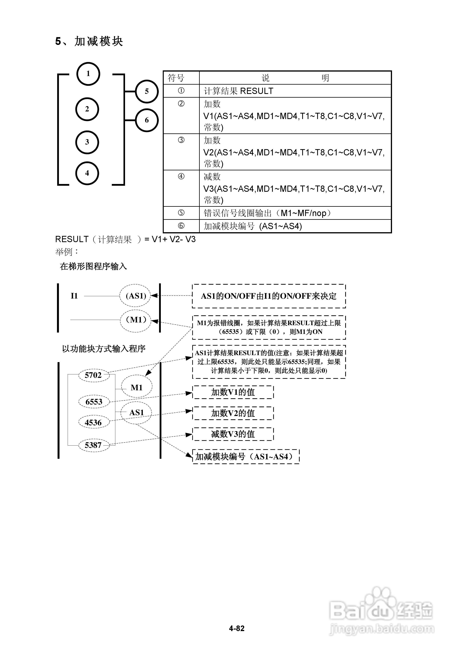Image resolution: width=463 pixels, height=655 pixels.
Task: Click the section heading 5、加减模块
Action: (x=89, y=42)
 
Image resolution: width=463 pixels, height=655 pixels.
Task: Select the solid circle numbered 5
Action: (x=147, y=91)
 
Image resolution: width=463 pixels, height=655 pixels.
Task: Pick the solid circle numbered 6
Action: (x=147, y=120)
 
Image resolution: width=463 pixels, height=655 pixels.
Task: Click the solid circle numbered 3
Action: (x=87, y=142)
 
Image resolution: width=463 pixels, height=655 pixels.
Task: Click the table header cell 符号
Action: (x=176, y=78)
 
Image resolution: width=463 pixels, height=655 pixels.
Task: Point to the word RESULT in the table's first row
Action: (x=257, y=91)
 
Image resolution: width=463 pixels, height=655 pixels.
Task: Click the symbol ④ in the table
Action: (x=181, y=177)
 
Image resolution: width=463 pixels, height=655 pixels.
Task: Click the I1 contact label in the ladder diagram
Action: (x=74, y=296)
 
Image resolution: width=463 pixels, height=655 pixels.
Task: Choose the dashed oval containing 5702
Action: (x=94, y=375)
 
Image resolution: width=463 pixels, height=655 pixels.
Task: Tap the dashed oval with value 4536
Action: (x=93, y=422)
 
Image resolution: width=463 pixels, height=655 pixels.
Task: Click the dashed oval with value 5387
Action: (x=93, y=445)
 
